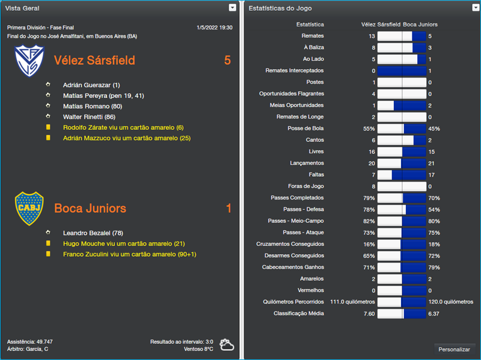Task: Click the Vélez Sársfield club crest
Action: [29, 61]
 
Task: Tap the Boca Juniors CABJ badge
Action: [29, 209]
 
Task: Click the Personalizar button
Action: [454, 349]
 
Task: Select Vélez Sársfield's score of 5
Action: [227, 61]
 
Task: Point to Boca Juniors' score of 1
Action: [228, 209]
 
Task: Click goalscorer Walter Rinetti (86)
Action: [89, 117]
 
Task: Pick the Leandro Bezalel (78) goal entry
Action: [93, 233]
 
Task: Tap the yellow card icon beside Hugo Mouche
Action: [48, 243]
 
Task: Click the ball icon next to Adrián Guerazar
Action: [48, 85]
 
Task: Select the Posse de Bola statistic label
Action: [305, 129]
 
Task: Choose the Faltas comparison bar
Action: [402, 175]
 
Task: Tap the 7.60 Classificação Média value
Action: [368, 313]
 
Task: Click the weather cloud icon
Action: [227, 345]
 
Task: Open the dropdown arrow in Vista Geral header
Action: [233, 8]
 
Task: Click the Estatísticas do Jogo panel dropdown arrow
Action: [473, 8]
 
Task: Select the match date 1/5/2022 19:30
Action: [214, 28]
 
